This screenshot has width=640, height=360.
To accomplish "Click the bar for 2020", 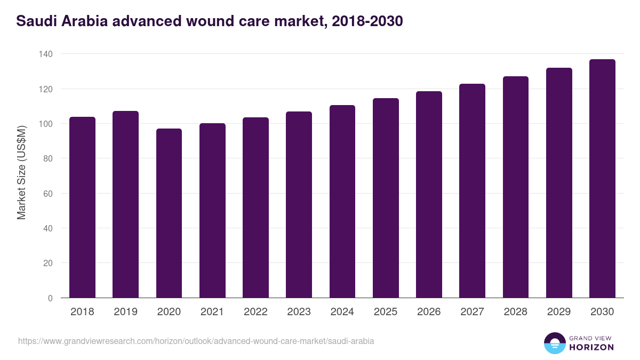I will [x=169, y=213].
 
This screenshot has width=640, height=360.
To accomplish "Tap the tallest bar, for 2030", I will [x=602, y=178].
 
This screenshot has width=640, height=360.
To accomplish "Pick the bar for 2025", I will [x=386, y=198].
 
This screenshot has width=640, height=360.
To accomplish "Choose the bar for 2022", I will [x=255, y=207].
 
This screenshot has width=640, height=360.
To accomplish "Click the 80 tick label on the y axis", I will [x=47, y=158].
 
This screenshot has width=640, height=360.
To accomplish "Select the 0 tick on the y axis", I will [x=50, y=298].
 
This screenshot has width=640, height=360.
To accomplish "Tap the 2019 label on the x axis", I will [x=125, y=312].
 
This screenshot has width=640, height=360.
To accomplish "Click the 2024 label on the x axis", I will [x=342, y=312].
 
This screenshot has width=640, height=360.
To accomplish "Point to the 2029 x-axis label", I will [x=559, y=312].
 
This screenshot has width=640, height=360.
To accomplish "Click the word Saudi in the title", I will [x=34, y=21].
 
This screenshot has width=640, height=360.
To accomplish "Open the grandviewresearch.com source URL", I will [x=196, y=341].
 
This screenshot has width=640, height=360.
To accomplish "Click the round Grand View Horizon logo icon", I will [x=554, y=343].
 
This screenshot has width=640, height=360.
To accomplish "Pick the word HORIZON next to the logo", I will [x=591, y=347].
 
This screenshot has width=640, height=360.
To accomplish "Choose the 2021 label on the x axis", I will [x=212, y=312].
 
